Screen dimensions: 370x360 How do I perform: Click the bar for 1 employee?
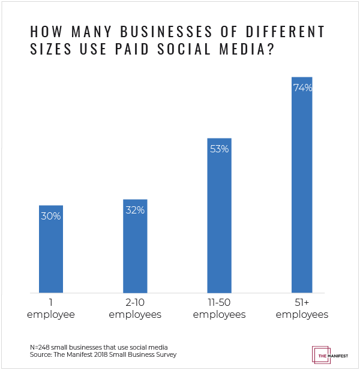[51, 249]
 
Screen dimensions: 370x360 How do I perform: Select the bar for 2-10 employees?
[135, 246]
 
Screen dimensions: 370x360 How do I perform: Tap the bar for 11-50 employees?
[219, 215]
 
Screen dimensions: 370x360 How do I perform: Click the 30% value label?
[51, 216]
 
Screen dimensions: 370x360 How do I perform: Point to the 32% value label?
[135, 210]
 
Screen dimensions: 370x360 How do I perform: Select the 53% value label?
[219, 149]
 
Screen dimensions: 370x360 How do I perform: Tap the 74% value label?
[302, 88]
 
